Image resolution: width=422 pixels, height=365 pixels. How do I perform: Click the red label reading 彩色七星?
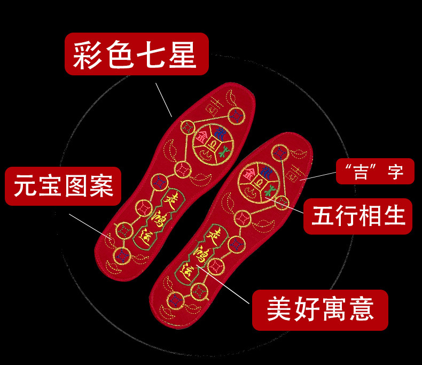pyautogui.click(x=136, y=55)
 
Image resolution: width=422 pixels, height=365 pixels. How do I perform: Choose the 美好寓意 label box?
pyautogui.click(x=320, y=309)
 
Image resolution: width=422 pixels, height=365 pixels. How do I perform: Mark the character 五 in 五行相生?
pyautogui.click(x=324, y=217)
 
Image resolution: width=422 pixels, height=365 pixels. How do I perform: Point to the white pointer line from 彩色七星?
pyautogui.click(x=163, y=99)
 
